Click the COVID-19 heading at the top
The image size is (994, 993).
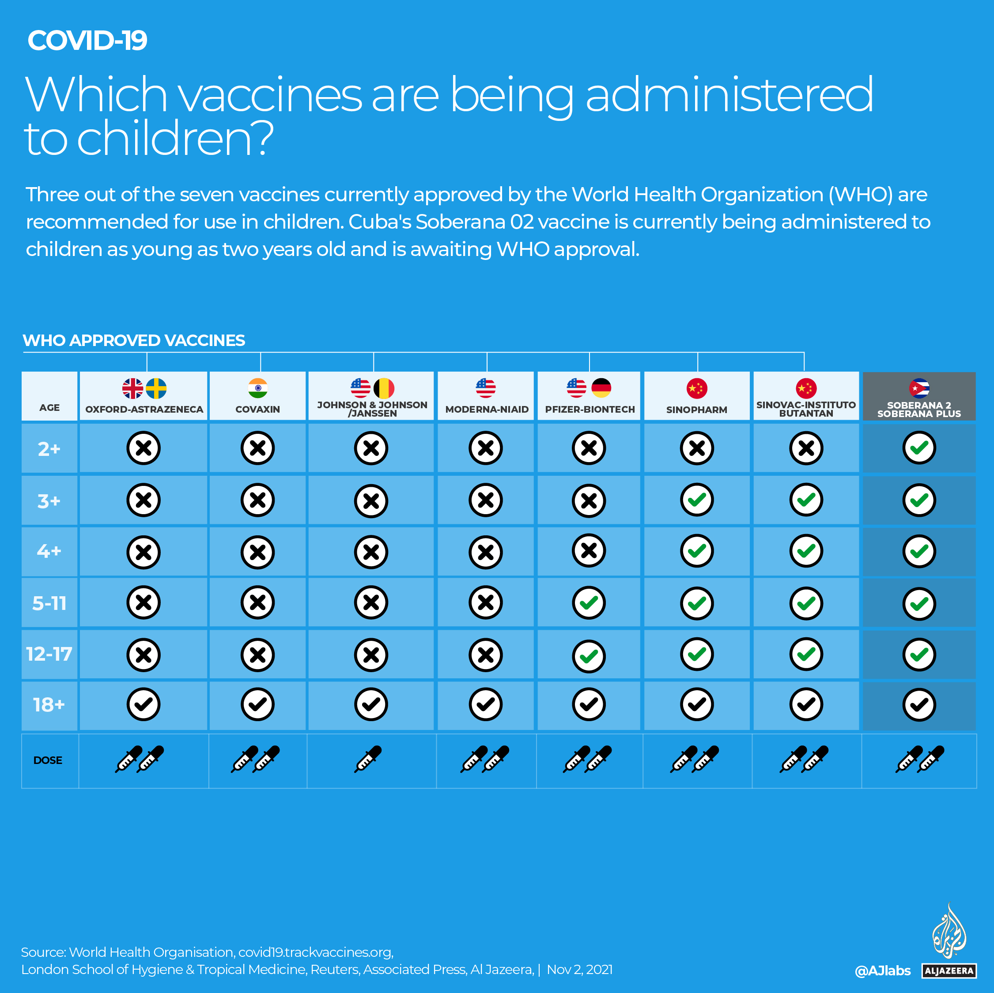(87, 40)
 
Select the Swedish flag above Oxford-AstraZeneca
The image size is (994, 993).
(156, 388)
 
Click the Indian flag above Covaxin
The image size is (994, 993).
(258, 388)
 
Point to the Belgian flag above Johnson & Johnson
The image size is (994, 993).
(384, 388)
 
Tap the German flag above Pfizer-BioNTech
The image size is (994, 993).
(601, 388)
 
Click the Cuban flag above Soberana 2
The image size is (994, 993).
(919, 388)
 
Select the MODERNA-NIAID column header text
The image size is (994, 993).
(487, 409)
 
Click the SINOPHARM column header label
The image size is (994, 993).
(697, 409)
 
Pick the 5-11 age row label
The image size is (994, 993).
(49, 603)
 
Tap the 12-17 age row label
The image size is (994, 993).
(49, 654)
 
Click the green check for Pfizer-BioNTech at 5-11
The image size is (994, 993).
(589, 603)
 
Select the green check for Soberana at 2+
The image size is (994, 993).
(919, 448)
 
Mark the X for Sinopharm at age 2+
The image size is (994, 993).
(697, 448)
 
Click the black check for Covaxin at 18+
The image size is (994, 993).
(258, 704)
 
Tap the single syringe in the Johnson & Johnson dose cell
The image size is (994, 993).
(368, 759)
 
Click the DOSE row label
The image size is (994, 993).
(48, 760)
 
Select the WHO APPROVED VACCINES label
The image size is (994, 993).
(134, 340)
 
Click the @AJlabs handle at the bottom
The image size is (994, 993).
(882, 971)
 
